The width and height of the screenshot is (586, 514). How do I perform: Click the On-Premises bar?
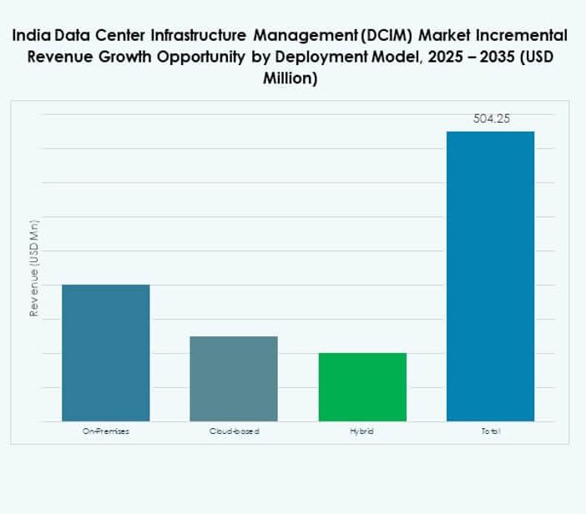tap(106, 352)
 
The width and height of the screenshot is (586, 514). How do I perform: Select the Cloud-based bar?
tap(234, 378)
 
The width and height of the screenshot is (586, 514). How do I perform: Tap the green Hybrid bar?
tap(362, 386)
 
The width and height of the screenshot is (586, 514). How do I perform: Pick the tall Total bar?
tap(490, 275)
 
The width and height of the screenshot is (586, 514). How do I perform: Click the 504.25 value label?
tap(491, 118)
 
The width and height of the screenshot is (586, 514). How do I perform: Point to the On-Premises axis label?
tap(106, 431)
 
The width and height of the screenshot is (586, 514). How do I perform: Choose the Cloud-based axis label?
tap(234, 431)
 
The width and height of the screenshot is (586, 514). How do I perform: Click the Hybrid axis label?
tap(362, 431)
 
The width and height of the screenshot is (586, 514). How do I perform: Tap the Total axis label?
tap(490, 431)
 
